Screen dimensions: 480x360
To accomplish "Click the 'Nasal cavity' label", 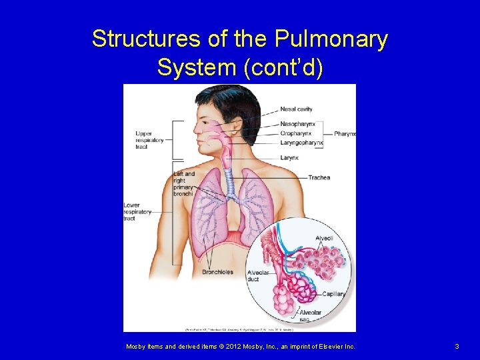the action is (x=296, y=109).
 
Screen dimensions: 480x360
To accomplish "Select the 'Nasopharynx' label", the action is (x=297, y=124).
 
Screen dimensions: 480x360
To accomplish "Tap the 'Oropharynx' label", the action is (x=295, y=133).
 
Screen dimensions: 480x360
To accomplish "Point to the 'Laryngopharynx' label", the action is (x=301, y=142).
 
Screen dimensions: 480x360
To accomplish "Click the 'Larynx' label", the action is (x=289, y=158).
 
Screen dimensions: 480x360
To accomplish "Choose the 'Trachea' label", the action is (x=319, y=177).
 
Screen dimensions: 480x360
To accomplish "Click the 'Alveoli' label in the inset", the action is (x=324, y=238).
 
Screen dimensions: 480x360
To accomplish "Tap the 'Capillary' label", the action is (x=333, y=294).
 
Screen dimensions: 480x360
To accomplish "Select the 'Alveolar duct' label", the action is (x=257, y=276).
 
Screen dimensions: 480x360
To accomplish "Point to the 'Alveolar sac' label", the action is (x=310, y=315).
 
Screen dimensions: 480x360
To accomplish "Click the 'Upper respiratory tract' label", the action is (x=149, y=140).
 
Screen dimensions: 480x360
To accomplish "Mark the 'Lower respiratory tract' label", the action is (x=137, y=211).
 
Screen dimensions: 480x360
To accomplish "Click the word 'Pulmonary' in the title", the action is (x=329, y=39).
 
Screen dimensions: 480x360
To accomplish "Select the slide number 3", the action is (x=457, y=347).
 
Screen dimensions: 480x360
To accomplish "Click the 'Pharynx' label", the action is (x=345, y=134).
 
